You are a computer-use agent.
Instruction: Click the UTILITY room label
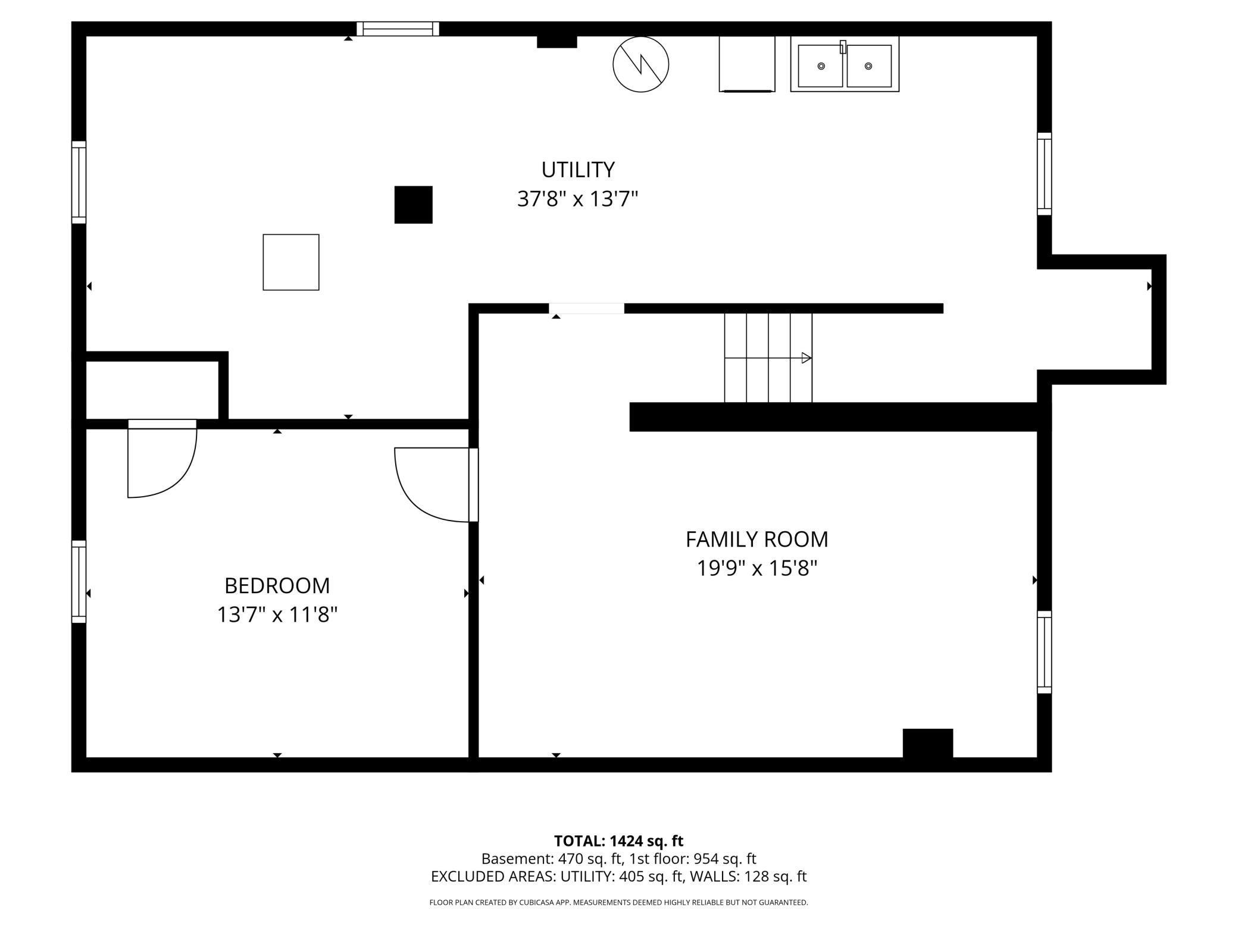click(x=577, y=170)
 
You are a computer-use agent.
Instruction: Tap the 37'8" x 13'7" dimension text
click(x=577, y=199)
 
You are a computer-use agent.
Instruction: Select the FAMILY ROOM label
click(x=756, y=540)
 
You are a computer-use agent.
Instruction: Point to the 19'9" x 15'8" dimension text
click(x=756, y=569)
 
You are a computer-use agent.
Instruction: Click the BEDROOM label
click(x=277, y=586)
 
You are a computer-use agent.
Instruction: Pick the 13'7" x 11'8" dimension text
click(x=277, y=615)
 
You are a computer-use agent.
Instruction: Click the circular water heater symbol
click(x=640, y=64)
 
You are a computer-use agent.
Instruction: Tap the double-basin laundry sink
click(x=844, y=65)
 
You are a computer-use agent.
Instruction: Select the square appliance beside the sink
click(x=746, y=64)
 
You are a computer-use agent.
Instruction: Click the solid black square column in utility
click(x=413, y=205)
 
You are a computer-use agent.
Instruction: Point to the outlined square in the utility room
click(x=291, y=262)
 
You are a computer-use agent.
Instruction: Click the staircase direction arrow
click(x=806, y=358)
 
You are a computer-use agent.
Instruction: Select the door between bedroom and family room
click(x=434, y=485)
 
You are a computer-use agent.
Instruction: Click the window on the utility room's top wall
click(x=398, y=29)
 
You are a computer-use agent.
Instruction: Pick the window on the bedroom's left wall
click(x=79, y=581)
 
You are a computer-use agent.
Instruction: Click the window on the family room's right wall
click(x=1044, y=652)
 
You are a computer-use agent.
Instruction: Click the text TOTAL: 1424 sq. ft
click(x=618, y=841)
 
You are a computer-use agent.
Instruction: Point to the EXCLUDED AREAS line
click(x=618, y=876)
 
